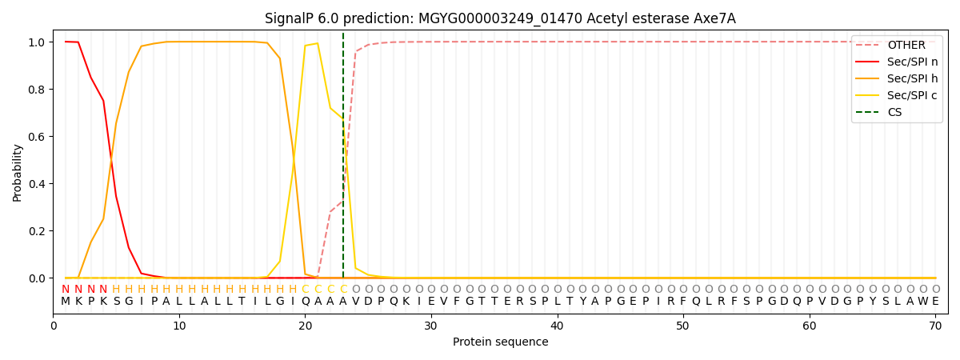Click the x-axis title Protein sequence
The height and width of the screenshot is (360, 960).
[x=500, y=342]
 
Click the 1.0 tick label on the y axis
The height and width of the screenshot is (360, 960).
[x=37, y=42]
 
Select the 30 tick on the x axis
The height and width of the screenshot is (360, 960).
[x=431, y=326]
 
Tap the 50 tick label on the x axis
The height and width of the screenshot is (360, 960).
[x=683, y=326]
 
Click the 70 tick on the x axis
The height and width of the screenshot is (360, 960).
[x=935, y=326]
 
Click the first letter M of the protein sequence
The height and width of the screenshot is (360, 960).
[x=66, y=302]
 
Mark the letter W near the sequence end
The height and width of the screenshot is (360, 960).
[x=922, y=302]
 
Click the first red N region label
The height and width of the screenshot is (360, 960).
[x=66, y=290]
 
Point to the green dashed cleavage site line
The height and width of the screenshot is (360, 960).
[x=343, y=160]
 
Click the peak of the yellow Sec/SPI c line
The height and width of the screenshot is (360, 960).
[x=318, y=43]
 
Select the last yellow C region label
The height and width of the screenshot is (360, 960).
[x=343, y=290]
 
